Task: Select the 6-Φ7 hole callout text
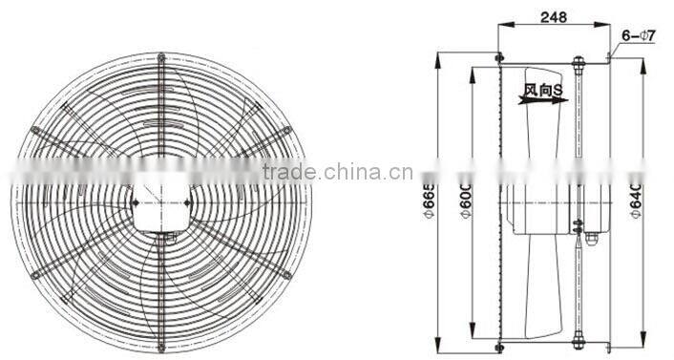point(637,36)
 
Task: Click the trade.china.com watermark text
point(324,172)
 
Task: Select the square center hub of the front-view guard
point(160,201)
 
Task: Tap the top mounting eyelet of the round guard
point(160,54)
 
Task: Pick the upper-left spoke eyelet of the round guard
point(35,129)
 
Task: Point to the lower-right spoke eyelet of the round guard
point(285,274)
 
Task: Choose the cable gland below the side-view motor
point(589,239)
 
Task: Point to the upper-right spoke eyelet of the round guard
point(285,129)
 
